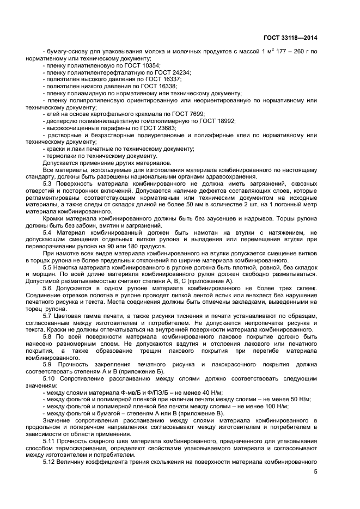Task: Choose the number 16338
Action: [x=165, y=86]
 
